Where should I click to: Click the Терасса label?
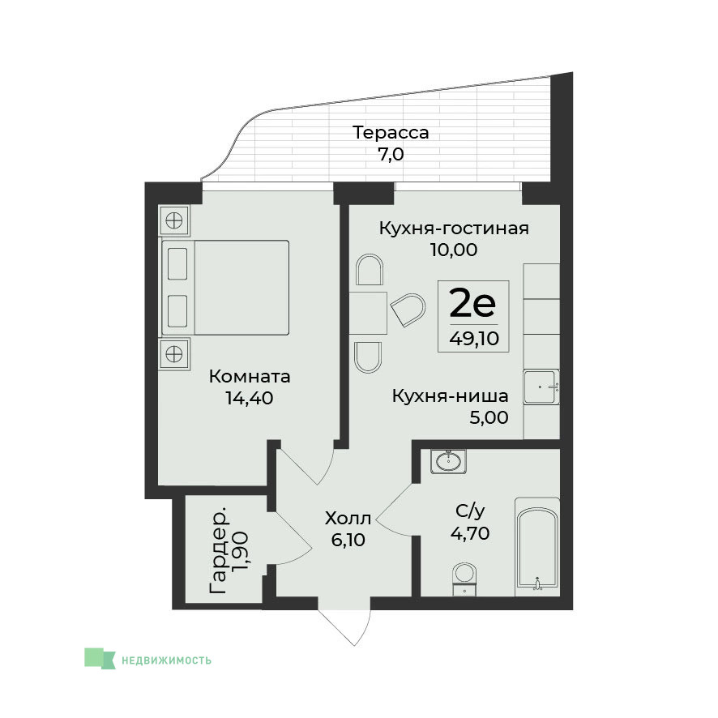[x=391, y=133]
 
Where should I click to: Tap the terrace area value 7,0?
[x=391, y=154]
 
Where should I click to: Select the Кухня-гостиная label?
[x=454, y=228]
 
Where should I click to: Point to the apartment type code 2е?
[x=472, y=303]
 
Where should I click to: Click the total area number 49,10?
[x=474, y=339]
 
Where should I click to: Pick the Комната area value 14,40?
[x=250, y=398]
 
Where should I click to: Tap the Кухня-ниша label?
[x=450, y=396]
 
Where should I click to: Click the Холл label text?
[x=348, y=519]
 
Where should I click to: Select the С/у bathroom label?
[x=470, y=511]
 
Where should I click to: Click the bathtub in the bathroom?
[x=537, y=547]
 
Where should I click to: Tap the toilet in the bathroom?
[x=464, y=579]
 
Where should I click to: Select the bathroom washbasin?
[x=448, y=461]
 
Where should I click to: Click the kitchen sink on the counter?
[x=541, y=387]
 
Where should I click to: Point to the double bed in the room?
[x=225, y=288]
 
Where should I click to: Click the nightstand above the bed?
[x=174, y=220]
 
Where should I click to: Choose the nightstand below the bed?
[x=174, y=354]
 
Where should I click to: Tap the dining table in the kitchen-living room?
[x=368, y=313]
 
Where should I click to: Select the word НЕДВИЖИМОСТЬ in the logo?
[x=166, y=660]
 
